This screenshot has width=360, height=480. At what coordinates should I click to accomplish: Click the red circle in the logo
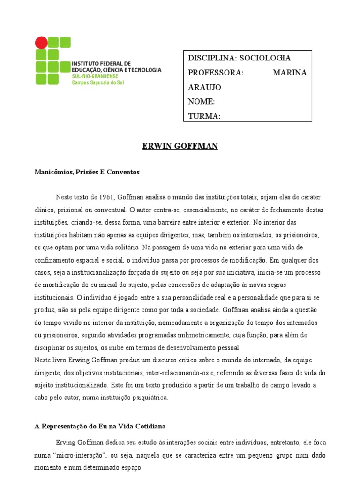pos(41,43)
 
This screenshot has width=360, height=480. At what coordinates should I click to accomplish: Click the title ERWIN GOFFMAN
pos(180,146)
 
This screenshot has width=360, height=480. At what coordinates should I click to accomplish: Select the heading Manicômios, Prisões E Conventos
pos(87,172)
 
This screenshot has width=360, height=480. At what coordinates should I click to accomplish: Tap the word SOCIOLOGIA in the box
pos(265,58)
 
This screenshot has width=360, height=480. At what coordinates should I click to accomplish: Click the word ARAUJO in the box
pos(204,87)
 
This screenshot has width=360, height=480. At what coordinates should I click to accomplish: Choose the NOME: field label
pos(201,102)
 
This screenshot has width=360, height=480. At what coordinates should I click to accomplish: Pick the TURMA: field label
pos(204,116)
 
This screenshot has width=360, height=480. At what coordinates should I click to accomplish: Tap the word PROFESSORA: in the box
pos(216,73)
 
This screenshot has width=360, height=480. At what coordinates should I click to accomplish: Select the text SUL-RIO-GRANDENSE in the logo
pos(95,76)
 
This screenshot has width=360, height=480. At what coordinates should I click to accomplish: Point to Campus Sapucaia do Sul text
pos(98,82)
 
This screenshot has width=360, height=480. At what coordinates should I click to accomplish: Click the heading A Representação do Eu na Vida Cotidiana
pos(100,426)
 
